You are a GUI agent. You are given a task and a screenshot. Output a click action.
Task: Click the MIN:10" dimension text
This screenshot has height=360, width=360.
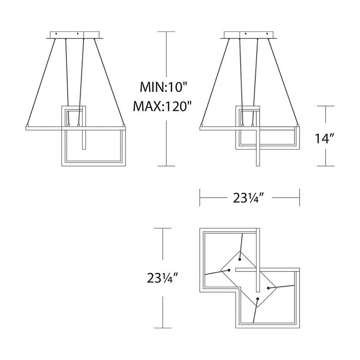[163, 88]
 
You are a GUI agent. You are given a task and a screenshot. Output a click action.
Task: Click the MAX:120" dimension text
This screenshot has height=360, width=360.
[162, 106]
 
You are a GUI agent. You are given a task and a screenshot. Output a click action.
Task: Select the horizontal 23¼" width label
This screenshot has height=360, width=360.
[249, 198]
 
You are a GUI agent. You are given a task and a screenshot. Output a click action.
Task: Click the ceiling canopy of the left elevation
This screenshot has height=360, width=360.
[75, 35]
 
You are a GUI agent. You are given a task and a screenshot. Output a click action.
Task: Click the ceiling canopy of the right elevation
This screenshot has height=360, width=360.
[250, 35]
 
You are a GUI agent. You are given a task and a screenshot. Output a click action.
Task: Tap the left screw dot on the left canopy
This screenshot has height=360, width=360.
[56, 34]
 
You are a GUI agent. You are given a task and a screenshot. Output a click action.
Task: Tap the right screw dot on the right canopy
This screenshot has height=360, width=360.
[268, 34]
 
